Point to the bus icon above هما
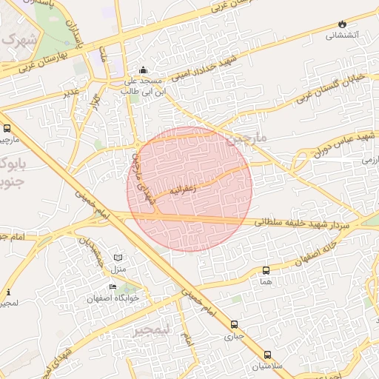(x=266, y=270)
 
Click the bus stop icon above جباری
(x=235, y=324)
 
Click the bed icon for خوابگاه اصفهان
(x=113, y=287)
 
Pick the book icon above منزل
(x=117, y=257)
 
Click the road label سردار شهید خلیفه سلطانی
(x=304, y=221)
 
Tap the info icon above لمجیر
(x=8, y=292)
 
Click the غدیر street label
(x=71, y=92)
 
